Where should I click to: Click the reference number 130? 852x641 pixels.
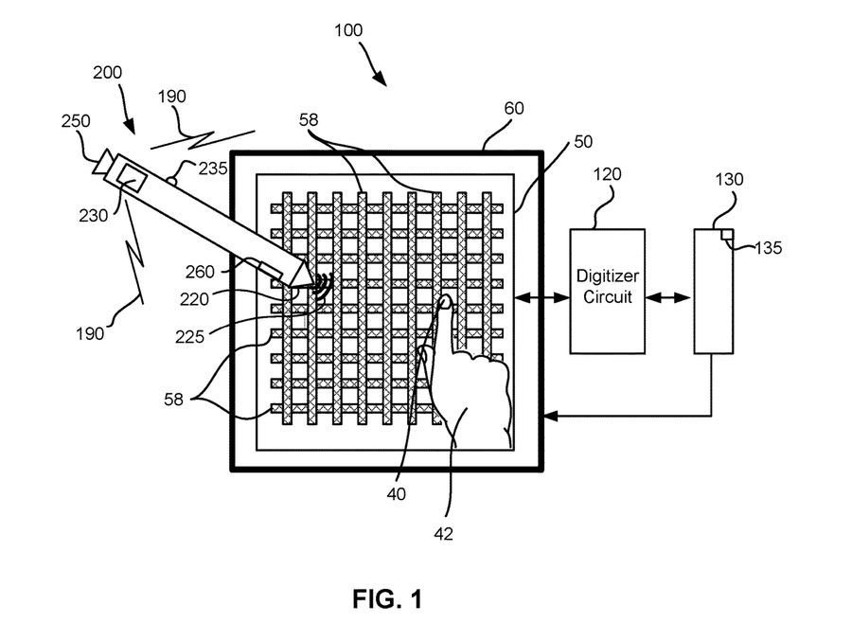pyautogui.click(x=730, y=178)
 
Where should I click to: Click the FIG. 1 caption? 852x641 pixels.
pyautogui.click(x=388, y=598)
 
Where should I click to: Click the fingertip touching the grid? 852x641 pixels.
pyautogui.click(x=442, y=302)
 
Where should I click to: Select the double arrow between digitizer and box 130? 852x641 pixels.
pyautogui.click(x=667, y=297)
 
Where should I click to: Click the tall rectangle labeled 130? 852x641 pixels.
pyautogui.click(x=714, y=291)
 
